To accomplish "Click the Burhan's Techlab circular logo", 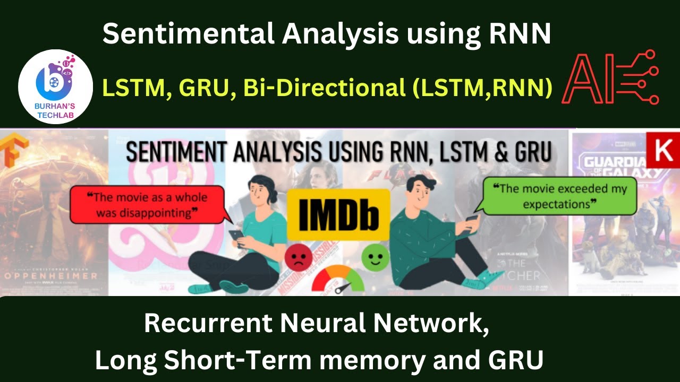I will coord(56,86).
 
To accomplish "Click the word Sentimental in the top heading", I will coord(189,34).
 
